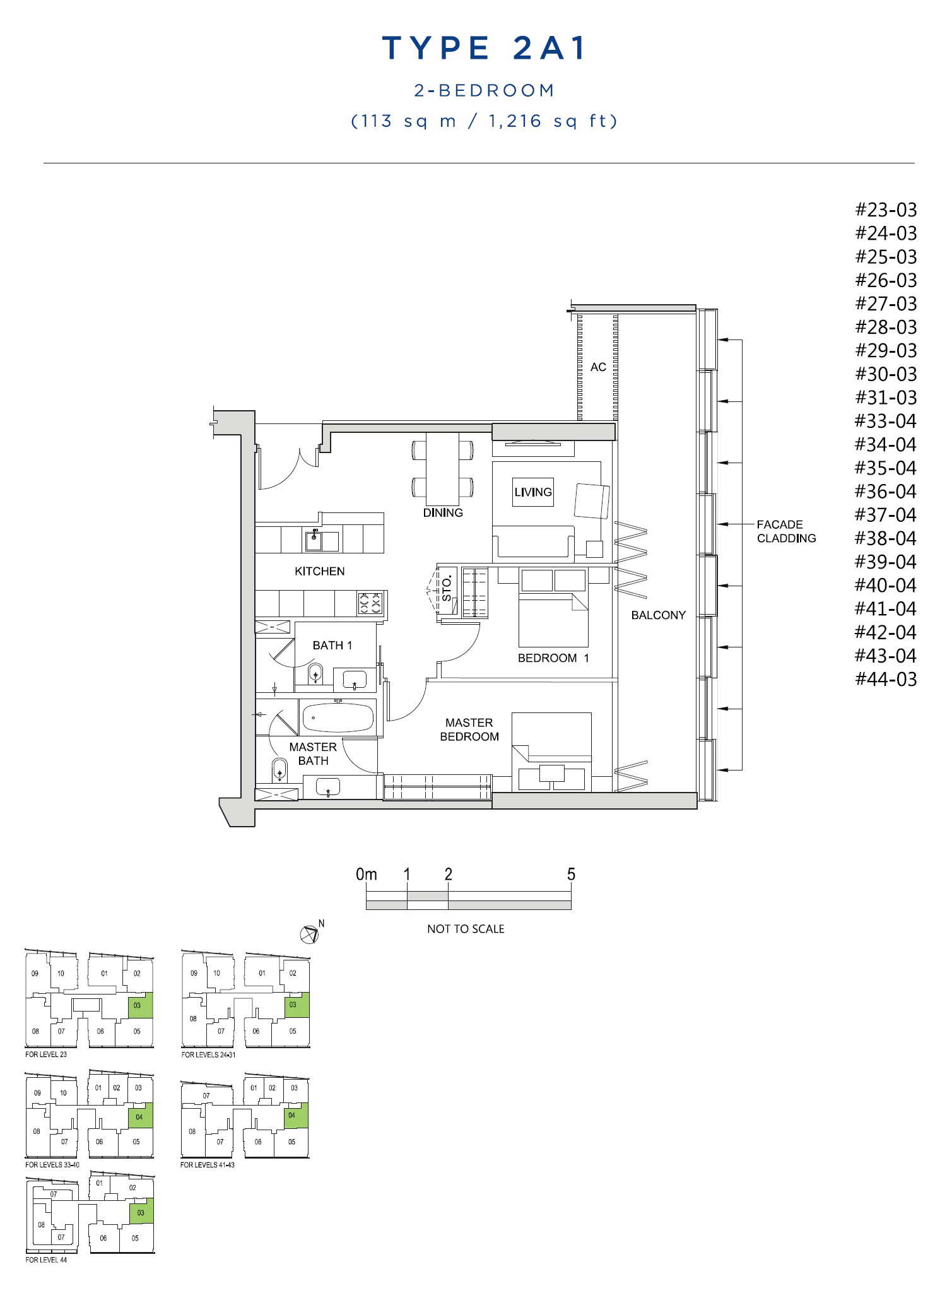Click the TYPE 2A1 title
[x=484, y=48]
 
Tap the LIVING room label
[x=533, y=492]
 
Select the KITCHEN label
[x=320, y=571]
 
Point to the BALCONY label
[x=658, y=615]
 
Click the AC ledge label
[x=598, y=367]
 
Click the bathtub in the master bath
[x=338, y=718]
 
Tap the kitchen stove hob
[x=370, y=603]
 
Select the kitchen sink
[x=314, y=541]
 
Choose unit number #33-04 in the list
[x=885, y=421]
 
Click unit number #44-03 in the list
[x=885, y=680]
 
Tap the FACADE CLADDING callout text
[x=786, y=531]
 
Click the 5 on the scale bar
[x=571, y=875]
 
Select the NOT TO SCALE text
[x=466, y=929]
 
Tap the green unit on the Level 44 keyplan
[x=141, y=1212]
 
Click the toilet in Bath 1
[x=315, y=673]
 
